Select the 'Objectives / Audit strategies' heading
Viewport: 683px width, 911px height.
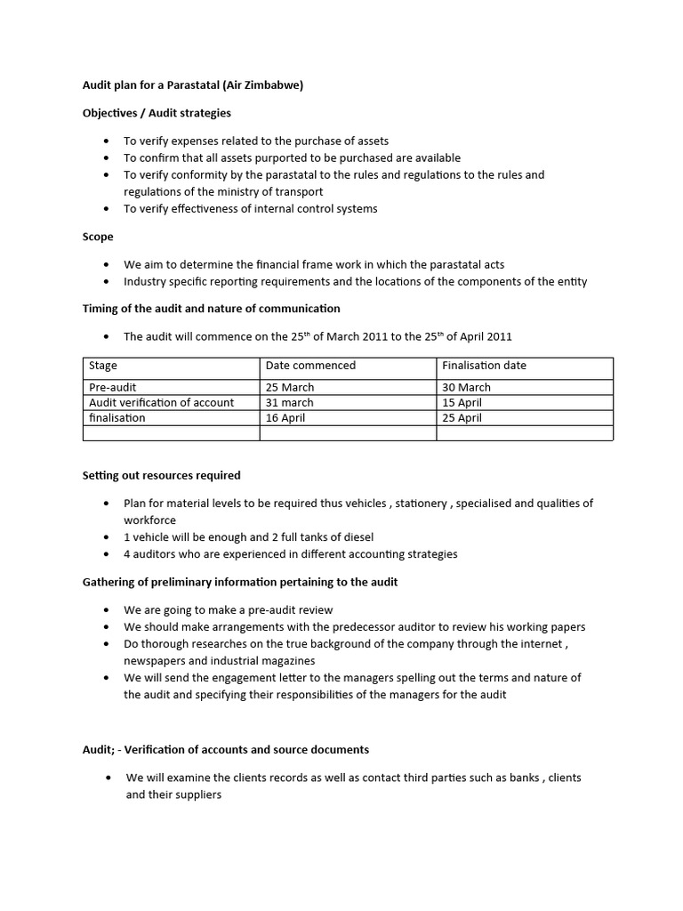pos(157,113)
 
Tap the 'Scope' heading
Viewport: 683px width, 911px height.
pos(97,237)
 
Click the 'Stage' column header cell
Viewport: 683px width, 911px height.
pos(103,365)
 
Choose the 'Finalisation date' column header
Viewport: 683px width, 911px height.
pos(484,365)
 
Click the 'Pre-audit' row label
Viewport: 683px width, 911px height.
pos(113,387)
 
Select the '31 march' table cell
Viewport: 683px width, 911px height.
pos(289,402)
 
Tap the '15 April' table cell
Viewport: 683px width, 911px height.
pos(461,402)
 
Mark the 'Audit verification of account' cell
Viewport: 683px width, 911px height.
pos(161,402)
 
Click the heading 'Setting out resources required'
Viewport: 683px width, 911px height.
pos(161,475)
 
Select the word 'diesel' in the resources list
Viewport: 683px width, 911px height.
pos(356,536)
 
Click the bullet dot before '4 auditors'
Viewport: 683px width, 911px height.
pos(106,554)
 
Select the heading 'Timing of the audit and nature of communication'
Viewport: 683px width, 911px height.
pos(211,308)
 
